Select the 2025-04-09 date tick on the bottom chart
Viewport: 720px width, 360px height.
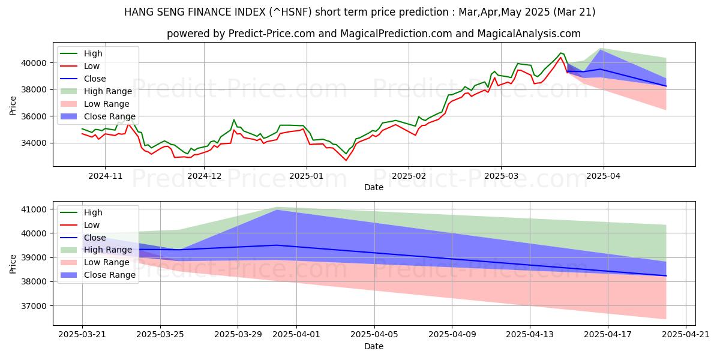[x=452, y=335]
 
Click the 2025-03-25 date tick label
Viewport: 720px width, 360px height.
[x=160, y=335]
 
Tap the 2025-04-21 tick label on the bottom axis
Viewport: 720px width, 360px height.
[x=685, y=335]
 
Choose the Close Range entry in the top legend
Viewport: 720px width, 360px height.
[x=109, y=116]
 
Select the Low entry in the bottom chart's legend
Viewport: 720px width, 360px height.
[x=92, y=225]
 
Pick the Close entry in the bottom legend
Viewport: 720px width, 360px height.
[x=95, y=238]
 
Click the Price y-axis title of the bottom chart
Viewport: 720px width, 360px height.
[x=13, y=263]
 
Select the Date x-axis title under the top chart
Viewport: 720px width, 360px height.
[x=373, y=187]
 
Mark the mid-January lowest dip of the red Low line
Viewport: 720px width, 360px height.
[x=346, y=160]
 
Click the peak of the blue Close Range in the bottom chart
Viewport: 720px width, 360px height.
[x=277, y=210]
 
